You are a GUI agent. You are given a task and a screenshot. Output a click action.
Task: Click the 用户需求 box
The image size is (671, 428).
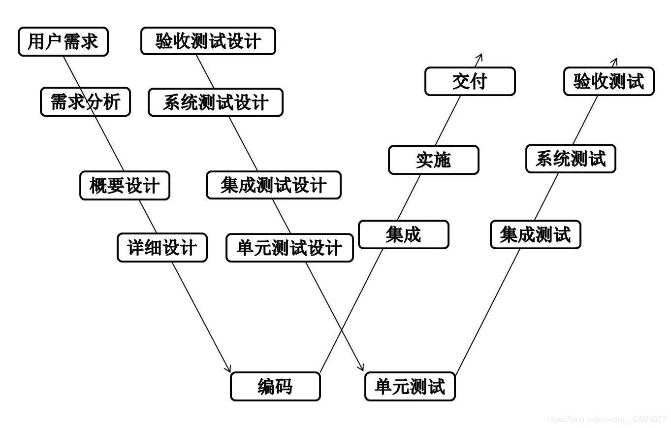pyautogui.click(x=63, y=42)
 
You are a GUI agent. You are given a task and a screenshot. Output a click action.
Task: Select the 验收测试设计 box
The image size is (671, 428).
pyautogui.click(x=208, y=41)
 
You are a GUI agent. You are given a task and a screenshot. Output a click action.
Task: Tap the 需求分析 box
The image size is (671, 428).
pyautogui.click(x=85, y=102)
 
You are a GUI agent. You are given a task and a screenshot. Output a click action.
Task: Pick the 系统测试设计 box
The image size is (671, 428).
pyautogui.click(x=216, y=102)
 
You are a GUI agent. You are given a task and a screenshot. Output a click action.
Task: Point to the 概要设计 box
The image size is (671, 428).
pyautogui.click(x=125, y=186)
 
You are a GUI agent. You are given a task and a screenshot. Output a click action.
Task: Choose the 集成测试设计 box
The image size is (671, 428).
pyautogui.click(x=273, y=185)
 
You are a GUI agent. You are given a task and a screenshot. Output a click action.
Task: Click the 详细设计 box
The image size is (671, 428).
pyautogui.click(x=162, y=247)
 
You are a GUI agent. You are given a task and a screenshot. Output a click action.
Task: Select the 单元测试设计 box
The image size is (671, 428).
pyautogui.click(x=289, y=248)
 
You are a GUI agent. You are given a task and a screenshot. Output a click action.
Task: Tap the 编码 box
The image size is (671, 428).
pyautogui.click(x=275, y=387)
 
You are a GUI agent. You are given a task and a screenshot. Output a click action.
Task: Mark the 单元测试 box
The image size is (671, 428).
pyautogui.click(x=410, y=387)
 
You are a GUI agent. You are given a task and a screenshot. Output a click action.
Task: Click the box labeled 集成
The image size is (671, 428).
pyautogui.click(x=403, y=234)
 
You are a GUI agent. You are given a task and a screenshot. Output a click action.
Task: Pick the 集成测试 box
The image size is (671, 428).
pyautogui.click(x=535, y=234)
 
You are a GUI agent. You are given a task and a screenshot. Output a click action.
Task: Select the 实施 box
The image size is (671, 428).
pyautogui.click(x=433, y=160)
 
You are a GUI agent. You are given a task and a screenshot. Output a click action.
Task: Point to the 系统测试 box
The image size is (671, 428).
pyautogui.click(x=571, y=159)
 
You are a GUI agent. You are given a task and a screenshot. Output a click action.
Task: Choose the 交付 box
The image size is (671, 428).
pyautogui.click(x=470, y=81)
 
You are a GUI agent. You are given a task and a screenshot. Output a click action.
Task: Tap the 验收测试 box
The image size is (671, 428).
pyautogui.click(x=608, y=81)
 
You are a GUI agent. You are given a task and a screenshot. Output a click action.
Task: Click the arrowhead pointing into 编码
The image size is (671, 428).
pyautogui.click(x=228, y=369)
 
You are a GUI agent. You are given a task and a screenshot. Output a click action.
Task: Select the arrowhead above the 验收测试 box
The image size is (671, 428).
pyautogui.click(x=614, y=61)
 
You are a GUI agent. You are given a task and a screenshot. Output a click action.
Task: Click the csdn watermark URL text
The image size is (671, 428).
pyautogui.click(x=606, y=419)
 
